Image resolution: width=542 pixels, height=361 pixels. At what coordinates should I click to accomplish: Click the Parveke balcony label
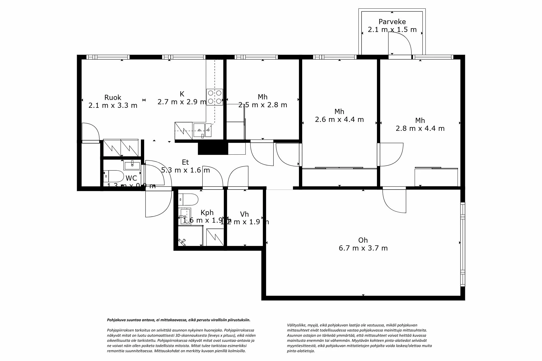392,22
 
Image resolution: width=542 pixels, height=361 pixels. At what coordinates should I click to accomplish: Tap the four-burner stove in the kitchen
215,97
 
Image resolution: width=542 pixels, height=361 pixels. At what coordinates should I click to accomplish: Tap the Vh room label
244,214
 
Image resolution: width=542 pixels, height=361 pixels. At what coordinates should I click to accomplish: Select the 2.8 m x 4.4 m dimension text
420,128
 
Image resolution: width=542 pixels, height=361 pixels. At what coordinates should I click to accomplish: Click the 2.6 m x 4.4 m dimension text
339,119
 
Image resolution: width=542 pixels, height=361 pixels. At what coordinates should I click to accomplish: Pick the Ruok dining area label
113,97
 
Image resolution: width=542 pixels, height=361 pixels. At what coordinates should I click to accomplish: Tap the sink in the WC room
132,165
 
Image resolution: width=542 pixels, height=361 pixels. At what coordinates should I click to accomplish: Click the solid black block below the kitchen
213,149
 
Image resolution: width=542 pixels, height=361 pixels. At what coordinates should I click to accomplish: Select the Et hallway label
185,162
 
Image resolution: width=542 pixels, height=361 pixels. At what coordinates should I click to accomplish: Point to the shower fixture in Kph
182,242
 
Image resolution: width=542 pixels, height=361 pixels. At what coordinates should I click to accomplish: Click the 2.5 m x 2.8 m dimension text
263,105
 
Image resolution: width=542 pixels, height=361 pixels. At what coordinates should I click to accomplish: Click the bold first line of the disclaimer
179,320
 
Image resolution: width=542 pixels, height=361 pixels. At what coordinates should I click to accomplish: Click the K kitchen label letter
182,94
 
